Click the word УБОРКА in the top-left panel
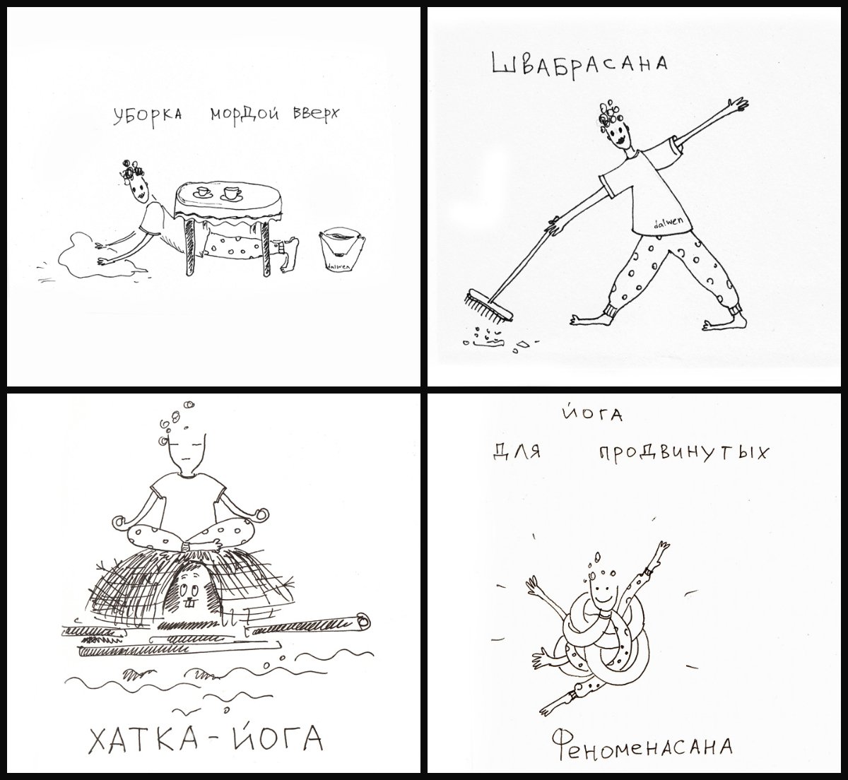pos(146,116)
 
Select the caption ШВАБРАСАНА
pos(579,64)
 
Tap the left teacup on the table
pos(201,192)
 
